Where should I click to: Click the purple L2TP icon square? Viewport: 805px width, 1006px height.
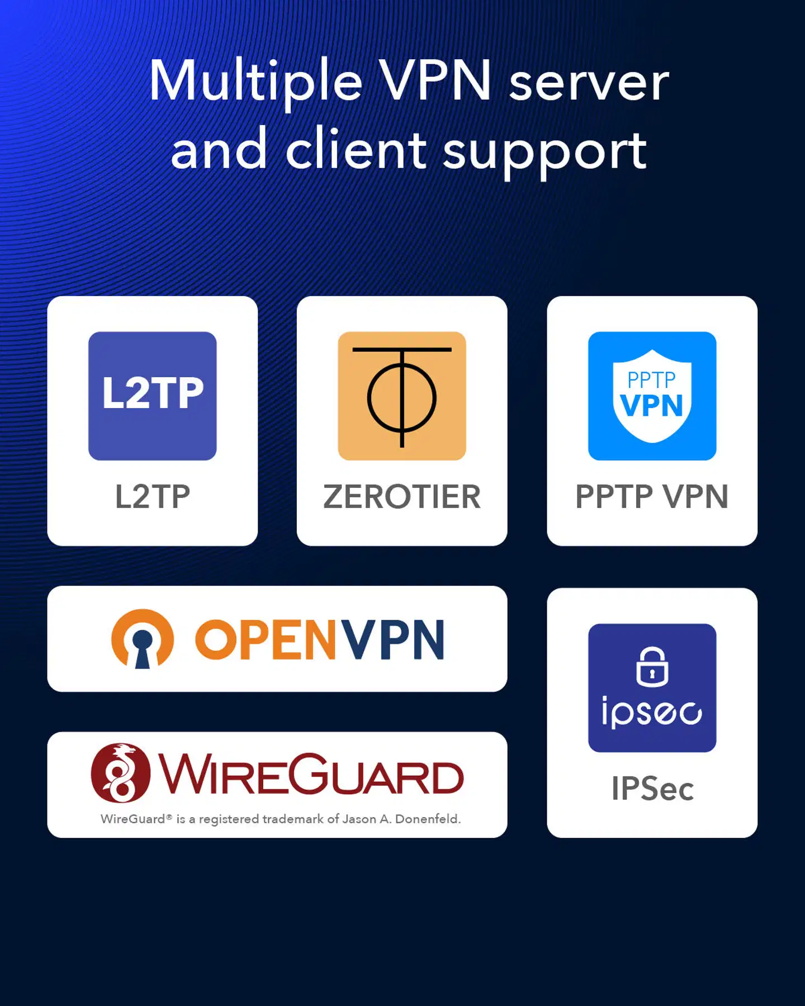(153, 396)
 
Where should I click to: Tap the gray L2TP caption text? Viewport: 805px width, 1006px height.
(153, 497)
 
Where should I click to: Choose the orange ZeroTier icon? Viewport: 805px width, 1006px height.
(402, 396)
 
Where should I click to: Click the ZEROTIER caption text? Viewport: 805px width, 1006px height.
(402, 497)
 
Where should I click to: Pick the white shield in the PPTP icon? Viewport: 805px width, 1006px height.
(652, 396)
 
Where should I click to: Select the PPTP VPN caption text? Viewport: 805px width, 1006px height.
(652, 497)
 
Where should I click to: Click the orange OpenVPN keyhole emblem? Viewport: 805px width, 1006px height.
(143, 639)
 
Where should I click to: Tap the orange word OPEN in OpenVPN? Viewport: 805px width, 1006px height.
(266, 639)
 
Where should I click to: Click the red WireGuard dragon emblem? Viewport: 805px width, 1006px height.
(121, 773)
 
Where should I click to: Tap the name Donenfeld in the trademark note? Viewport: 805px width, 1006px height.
(428, 819)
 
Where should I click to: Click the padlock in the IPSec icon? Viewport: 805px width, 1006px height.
(652, 667)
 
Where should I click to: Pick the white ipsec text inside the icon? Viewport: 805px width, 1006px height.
(652, 712)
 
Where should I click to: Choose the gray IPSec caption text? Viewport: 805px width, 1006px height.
(652, 789)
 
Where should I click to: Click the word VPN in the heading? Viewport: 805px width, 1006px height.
(435, 80)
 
